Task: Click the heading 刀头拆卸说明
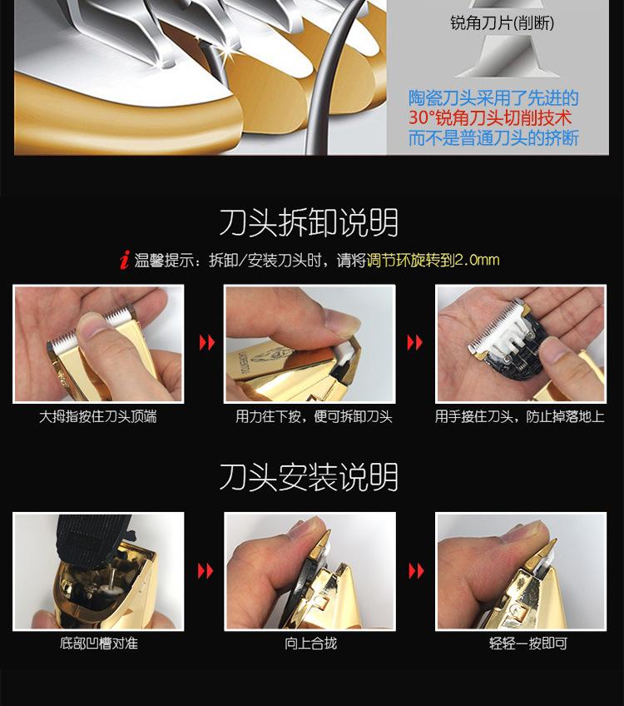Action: pyautogui.click(x=309, y=223)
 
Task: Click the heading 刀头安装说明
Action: pyautogui.click(x=309, y=477)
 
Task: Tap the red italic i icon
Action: pyautogui.click(x=124, y=261)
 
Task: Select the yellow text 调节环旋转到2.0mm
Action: pyautogui.click(x=433, y=260)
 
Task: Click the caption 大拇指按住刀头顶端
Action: pyautogui.click(x=97, y=416)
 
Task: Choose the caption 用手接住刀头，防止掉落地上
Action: pyautogui.click(x=519, y=416)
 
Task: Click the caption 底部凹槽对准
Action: pyautogui.click(x=97, y=644)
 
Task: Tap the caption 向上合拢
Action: pyautogui.click(x=310, y=644)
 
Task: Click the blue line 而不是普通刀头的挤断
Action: pyautogui.click(x=493, y=137)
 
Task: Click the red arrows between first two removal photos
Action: pyautogui.click(x=205, y=343)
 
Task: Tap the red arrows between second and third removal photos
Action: pyautogui.click(x=415, y=343)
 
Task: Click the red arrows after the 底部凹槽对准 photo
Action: pyautogui.click(x=205, y=571)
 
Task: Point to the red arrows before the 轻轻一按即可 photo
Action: pyautogui.click(x=415, y=571)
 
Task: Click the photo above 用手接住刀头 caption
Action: pyautogui.click(x=520, y=344)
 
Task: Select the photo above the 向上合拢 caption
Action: pyautogui.click(x=310, y=571)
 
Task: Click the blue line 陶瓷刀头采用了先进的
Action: pyautogui.click(x=493, y=98)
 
